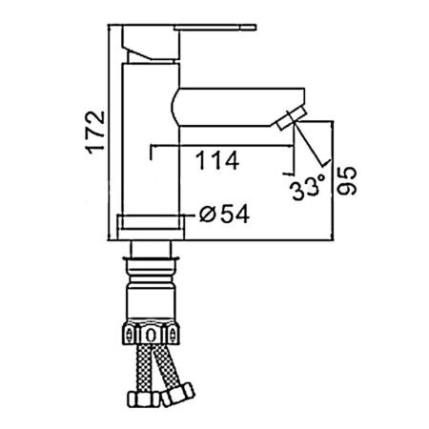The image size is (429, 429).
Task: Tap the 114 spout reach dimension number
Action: tap(217, 160)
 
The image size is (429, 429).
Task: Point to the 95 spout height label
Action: tap(347, 181)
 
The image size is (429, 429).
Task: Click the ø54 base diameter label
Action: tap(224, 214)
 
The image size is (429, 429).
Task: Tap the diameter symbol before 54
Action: tap(207, 214)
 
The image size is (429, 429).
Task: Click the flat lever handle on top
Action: tap(214, 27)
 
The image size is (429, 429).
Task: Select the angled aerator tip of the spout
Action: tap(291, 118)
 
